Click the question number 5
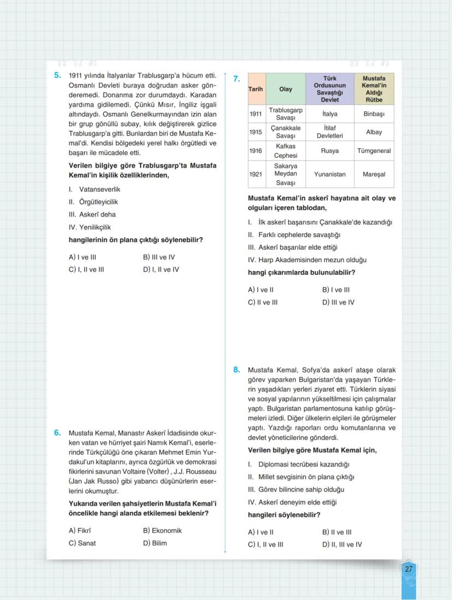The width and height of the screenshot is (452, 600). [x=57, y=75]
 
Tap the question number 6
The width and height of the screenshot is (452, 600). [x=57, y=433]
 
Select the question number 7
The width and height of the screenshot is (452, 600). [x=236, y=79]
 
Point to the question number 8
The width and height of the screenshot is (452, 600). [x=236, y=370]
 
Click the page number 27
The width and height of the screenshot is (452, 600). [x=409, y=569]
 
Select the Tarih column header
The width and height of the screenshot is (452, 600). [x=256, y=89]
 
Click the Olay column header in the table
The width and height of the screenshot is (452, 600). [x=286, y=89]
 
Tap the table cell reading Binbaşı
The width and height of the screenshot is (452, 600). [x=374, y=114]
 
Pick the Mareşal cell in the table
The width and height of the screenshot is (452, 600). [x=374, y=174]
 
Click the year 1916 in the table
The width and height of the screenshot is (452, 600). [x=256, y=151]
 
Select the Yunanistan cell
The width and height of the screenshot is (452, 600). [x=330, y=174]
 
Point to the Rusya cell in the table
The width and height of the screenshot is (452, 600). [x=330, y=151]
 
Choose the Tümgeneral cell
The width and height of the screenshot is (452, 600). [x=374, y=151]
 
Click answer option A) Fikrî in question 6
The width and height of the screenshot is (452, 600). [x=80, y=531]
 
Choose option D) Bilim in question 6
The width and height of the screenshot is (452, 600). [x=155, y=543]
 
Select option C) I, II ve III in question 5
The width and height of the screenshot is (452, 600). [x=86, y=269]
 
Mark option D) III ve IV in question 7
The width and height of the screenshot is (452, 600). [x=338, y=302]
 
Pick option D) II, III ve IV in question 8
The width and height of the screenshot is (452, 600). [x=342, y=544]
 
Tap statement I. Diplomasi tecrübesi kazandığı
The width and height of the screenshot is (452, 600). [x=298, y=464]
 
